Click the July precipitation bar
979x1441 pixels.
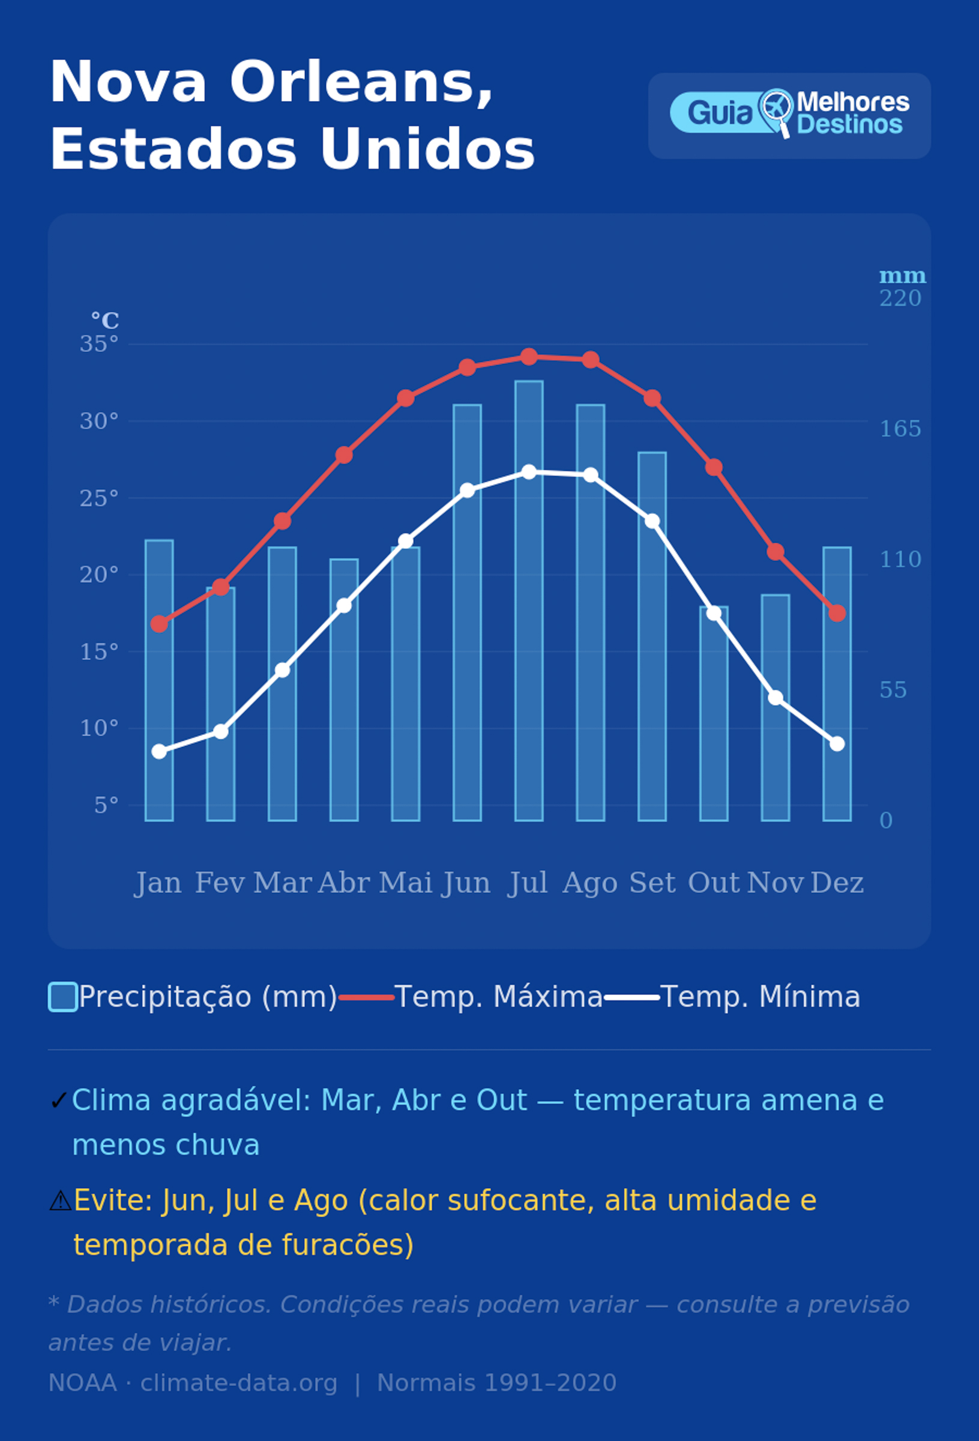click(529, 600)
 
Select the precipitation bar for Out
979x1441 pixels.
click(714, 714)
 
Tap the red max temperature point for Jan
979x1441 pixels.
click(159, 624)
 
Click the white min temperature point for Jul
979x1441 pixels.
click(529, 472)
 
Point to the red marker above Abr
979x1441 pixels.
click(344, 455)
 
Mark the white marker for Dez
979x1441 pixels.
click(837, 743)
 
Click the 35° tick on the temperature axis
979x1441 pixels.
click(99, 344)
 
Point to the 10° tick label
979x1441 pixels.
click(99, 728)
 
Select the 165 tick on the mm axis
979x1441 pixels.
click(900, 429)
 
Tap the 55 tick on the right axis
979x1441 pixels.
click(893, 689)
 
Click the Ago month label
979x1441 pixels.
click(590, 883)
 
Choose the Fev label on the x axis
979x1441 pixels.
click(220, 883)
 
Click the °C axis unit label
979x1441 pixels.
click(106, 321)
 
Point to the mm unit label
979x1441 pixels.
click(903, 276)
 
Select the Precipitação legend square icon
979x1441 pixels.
click(63, 997)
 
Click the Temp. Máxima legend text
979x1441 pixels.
click(498, 997)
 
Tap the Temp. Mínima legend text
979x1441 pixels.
click(760, 997)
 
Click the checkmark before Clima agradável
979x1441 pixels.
click(58, 1101)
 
